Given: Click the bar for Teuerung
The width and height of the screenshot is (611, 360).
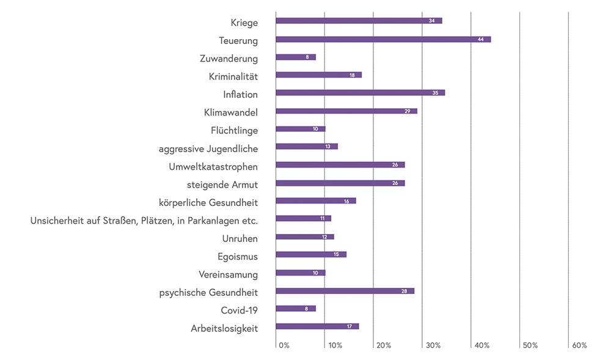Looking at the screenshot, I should (x=383, y=39).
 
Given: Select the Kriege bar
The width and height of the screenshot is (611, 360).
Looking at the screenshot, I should (x=359, y=21).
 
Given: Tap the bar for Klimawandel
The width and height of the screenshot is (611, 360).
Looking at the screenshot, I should (x=346, y=111).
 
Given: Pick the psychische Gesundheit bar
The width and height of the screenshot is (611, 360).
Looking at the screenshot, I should (x=345, y=291).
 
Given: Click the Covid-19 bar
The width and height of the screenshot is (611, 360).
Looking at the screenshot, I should (x=296, y=309).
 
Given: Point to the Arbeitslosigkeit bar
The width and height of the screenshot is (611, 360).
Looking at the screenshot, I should (x=317, y=326).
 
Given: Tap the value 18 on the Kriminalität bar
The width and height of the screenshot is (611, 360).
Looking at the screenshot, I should (x=353, y=75).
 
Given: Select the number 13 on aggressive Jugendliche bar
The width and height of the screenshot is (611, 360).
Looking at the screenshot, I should (x=329, y=147).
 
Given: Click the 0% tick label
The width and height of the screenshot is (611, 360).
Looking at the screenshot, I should (x=284, y=345).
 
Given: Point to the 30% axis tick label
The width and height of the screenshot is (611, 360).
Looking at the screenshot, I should (x=433, y=345).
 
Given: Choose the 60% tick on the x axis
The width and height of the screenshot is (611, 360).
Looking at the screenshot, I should (x=579, y=345).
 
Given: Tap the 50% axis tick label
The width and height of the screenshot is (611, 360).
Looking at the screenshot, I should (x=530, y=345).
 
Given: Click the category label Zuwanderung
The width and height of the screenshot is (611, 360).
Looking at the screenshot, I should (x=229, y=59).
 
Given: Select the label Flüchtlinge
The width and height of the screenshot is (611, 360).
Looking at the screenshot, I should (x=234, y=131).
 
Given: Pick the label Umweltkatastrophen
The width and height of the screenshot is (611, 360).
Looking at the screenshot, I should (x=213, y=166).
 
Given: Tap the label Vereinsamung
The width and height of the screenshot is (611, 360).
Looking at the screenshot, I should (x=228, y=274).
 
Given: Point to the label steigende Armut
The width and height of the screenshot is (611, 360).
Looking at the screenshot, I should (x=222, y=185).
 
